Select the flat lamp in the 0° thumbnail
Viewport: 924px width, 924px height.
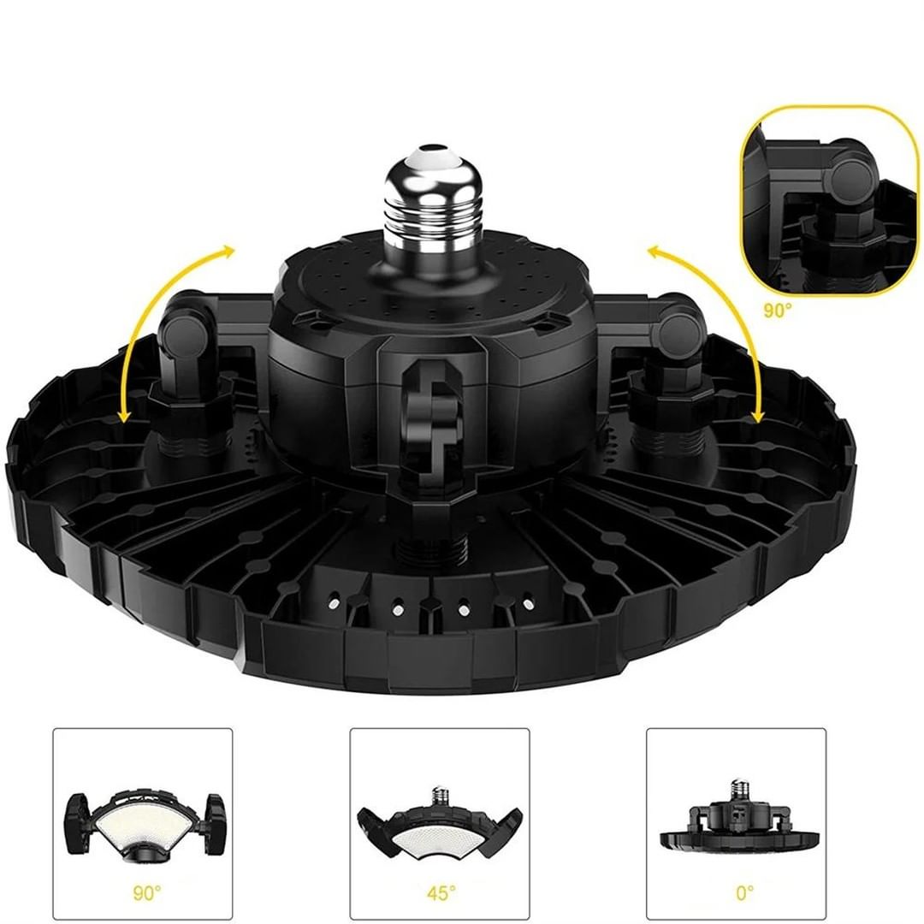click(x=736, y=821)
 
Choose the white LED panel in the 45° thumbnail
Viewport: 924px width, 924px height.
click(x=440, y=835)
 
